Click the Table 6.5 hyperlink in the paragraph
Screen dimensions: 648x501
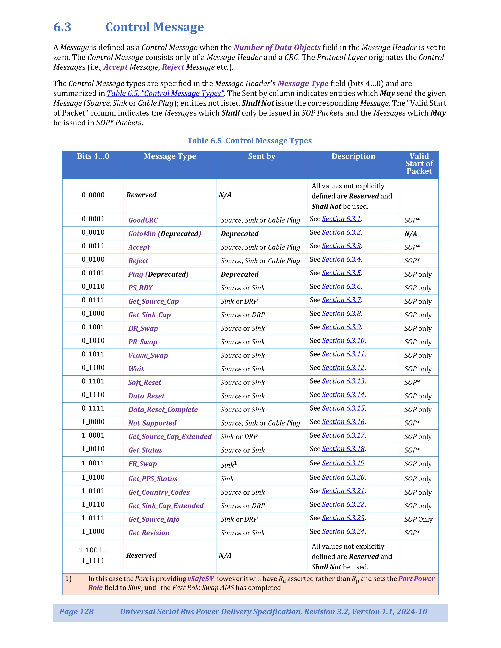(x=165, y=93)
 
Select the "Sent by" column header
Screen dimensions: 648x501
(x=262, y=156)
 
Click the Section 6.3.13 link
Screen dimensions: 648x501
(x=343, y=381)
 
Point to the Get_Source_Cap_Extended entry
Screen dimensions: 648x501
(x=170, y=436)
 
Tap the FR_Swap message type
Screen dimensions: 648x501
(x=142, y=464)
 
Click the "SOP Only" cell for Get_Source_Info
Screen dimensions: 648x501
(x=418, y=519)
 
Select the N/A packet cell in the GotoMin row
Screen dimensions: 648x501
(x=410, y=234)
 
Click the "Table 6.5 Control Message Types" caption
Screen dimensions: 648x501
(x=249, y=141)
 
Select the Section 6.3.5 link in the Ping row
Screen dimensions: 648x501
(x=341, y=273)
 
